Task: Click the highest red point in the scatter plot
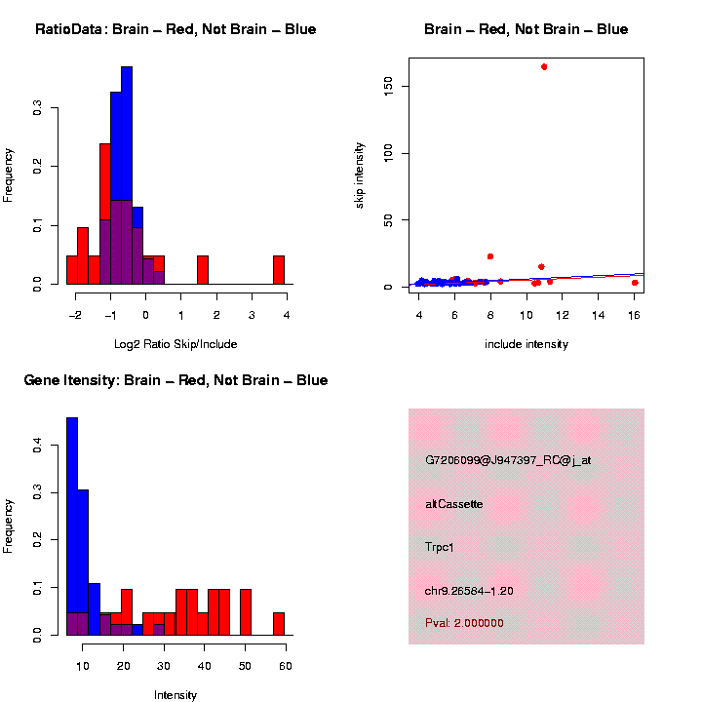544,66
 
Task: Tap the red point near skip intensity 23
490,256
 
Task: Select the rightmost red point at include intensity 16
635,283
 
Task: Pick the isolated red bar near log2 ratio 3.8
279,270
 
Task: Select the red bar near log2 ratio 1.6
203,270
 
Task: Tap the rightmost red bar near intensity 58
279,624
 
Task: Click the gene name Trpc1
440,547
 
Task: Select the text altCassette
454,504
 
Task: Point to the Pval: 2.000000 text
464,623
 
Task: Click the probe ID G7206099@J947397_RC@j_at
508,460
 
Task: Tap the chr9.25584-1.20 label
469,591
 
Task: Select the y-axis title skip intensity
360,175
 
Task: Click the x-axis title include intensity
526,344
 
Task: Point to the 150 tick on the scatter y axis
396,87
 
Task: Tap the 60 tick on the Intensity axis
286,666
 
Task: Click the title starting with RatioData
175,30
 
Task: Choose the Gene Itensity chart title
175,380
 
